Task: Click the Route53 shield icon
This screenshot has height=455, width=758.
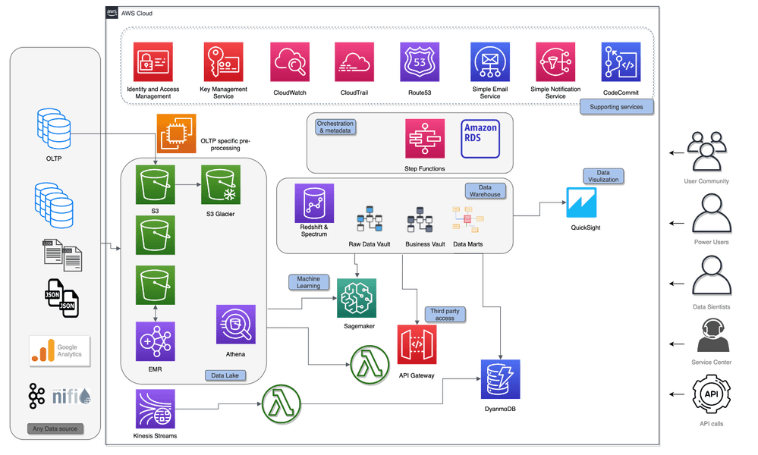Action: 420,62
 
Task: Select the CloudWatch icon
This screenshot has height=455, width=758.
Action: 290,62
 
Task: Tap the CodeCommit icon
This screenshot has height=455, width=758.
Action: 621,62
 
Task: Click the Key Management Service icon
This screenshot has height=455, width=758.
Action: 223,62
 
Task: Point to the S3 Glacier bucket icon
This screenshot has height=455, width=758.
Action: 221,185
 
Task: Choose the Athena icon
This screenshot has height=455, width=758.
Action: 235,324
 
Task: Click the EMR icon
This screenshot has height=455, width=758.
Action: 156,341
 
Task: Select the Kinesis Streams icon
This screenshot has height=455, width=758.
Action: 156,409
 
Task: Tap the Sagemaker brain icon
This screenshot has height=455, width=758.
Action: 357,298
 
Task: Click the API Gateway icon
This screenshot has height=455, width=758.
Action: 417,344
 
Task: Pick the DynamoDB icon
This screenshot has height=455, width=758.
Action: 500,379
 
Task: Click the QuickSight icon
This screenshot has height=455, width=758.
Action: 581,203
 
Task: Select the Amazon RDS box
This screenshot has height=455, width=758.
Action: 480,139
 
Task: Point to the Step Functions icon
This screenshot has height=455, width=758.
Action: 424,139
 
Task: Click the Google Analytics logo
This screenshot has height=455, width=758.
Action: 59,351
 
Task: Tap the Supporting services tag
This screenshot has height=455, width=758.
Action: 616,107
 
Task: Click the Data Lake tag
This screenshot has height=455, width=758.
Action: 225,375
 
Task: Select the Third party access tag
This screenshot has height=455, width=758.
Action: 445,315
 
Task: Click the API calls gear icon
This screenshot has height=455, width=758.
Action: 711,394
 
